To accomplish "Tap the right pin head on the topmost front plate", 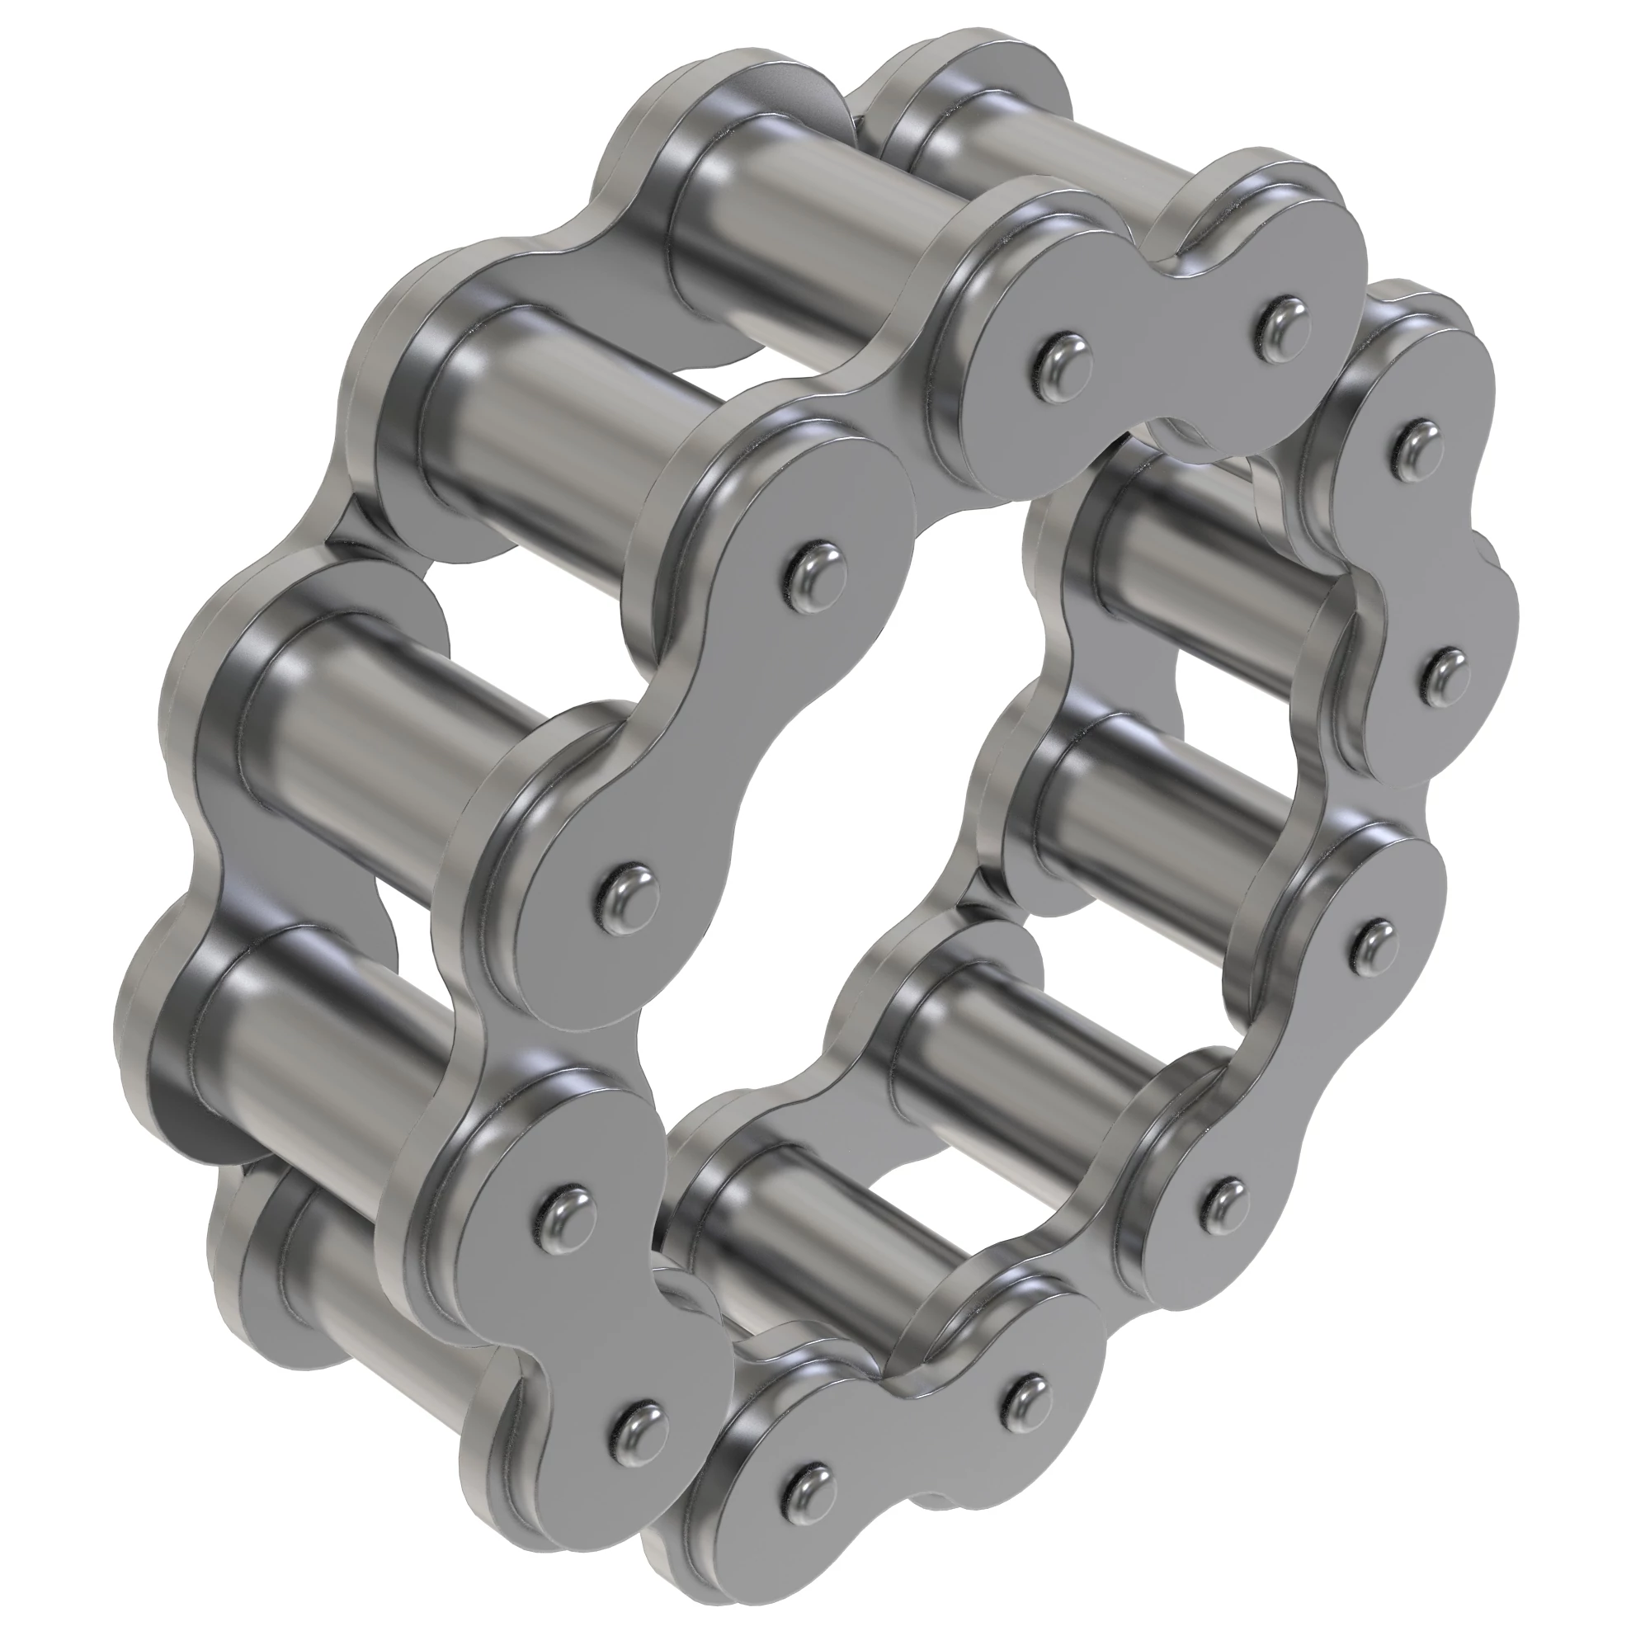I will (1279, 322).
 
